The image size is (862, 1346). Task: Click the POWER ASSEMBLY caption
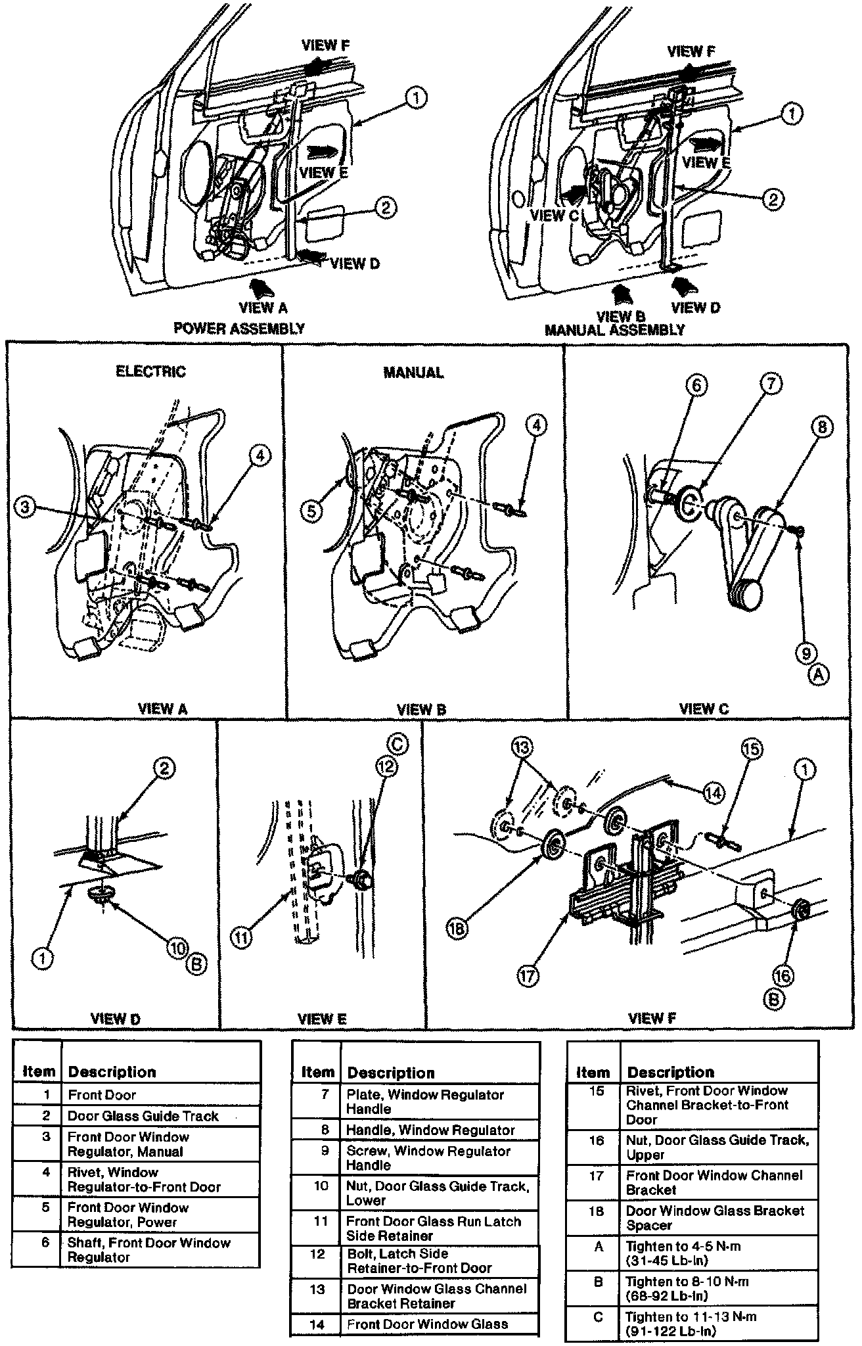(x=238, y=329)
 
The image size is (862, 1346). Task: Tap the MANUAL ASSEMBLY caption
(x=614, y=330)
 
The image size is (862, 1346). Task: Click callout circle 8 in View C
(x=821, y=428)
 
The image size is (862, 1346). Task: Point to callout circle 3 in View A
(x=25, y=507)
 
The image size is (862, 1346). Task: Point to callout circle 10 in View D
(x=176, y=947)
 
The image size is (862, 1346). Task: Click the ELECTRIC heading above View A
(x=150, y=371)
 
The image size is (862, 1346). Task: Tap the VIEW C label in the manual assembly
(x=549, y=215)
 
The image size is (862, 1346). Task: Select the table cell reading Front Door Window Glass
(x=426, y=1324)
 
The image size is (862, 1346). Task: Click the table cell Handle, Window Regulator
(x=430, y=1130)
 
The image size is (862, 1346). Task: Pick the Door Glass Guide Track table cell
(x=143, y=1116)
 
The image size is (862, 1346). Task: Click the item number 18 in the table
(x=595, y=1211)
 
